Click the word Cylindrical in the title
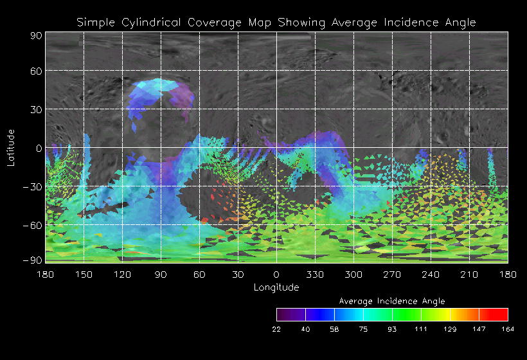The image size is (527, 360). (153, 22)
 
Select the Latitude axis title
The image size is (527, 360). (11, 147)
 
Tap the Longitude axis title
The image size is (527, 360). (276, 287)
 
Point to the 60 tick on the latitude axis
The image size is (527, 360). (35, 71)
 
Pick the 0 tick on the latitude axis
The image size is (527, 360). (39, 148)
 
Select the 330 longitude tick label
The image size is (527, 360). (314, 275)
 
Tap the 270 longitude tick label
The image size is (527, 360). (392, 275)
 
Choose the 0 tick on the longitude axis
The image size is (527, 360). (276, 275)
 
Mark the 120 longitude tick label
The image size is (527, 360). (122, 275)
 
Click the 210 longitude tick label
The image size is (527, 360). (469, 275)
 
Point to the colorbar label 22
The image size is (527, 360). (276, 329)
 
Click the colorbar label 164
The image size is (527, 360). (508, 329)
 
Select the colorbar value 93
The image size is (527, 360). (392, 329)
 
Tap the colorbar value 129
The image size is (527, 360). (450, 329)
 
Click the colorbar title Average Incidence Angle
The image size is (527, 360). (391, 301)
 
